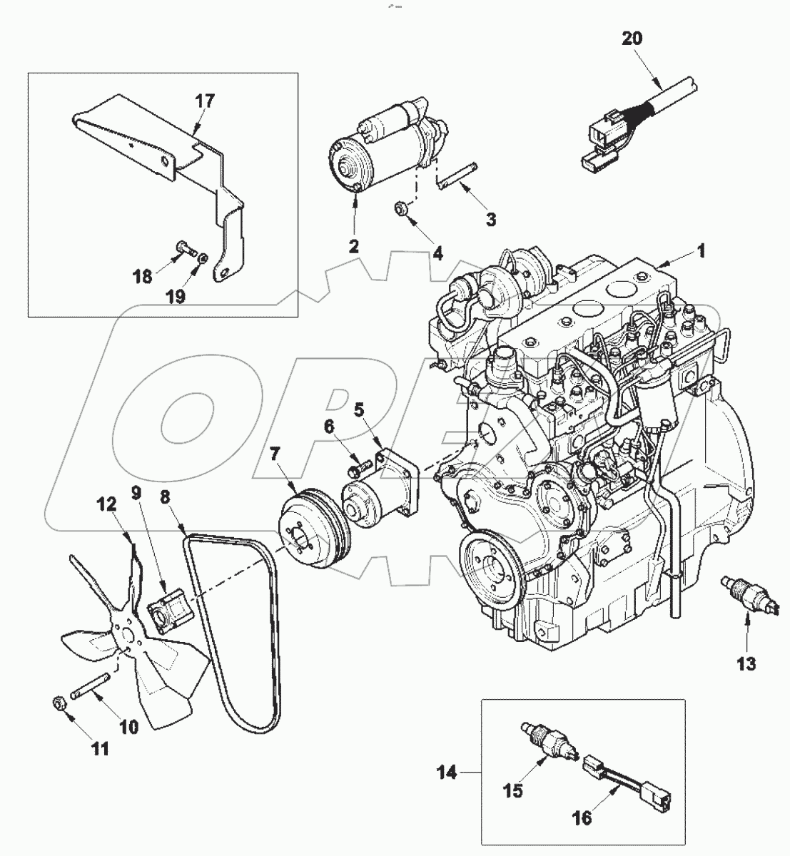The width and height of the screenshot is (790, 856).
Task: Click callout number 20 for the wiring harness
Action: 631,39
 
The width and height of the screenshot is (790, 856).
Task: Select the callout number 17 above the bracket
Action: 204,101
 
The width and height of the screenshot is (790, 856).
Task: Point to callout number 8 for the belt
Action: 167,497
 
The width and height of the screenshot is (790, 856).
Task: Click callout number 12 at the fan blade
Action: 106,506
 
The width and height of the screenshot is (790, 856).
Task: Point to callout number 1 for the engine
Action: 701,250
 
